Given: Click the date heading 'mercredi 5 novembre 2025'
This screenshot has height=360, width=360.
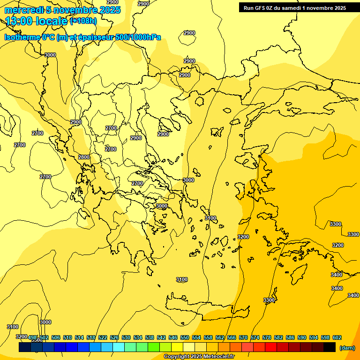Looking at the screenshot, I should click(x=63, y=10).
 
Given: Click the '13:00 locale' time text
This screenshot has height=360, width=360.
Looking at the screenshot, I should click(x=37, y=21).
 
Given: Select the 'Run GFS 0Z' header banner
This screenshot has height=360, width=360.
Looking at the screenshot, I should click(x=295, y=7).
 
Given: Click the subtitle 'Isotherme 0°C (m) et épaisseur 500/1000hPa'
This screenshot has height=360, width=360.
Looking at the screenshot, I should click(x=82, y=37).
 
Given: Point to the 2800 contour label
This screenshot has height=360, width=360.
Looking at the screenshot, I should click(x=84, y=157).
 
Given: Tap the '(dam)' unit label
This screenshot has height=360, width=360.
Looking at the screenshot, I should click(x=347, y=347).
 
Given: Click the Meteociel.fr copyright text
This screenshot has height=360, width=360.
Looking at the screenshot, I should click(x=199, y=357).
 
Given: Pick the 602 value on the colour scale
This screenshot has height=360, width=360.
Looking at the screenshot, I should click(x=337, y=337).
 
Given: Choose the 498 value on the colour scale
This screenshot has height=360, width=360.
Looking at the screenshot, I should click(x=32, y=337).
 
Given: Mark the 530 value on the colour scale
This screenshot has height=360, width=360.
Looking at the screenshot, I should click(x=126, y=337).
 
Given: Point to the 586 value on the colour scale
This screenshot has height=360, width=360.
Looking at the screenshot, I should click(x=290, y=337).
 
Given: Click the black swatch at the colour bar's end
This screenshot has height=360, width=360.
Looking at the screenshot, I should click(x=330, y=347).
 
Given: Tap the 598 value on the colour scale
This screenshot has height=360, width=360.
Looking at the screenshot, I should click(x=325, y=337).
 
